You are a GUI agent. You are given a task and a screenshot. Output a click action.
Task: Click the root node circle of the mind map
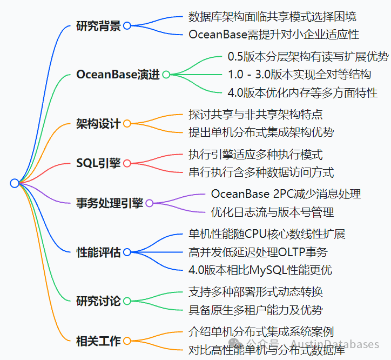pos(15,183)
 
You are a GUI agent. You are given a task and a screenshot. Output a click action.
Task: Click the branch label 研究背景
pos(98,26)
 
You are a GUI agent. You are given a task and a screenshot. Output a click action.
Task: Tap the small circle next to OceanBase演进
pos(166,75)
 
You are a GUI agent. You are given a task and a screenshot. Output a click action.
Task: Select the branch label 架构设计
pos(98,124)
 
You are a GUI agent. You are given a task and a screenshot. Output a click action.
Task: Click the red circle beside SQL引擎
pos(127,163)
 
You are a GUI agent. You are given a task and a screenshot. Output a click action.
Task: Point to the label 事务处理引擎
pos(110,203)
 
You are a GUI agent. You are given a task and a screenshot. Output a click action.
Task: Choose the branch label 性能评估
pos(98,252)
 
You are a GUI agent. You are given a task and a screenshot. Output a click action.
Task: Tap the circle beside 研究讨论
pos(127,301)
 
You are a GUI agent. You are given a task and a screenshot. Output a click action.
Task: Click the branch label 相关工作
pos(98,341)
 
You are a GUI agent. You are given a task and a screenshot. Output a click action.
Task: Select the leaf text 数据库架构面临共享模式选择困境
pos(272,17)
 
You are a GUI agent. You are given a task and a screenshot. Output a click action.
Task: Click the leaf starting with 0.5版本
pos(308,57)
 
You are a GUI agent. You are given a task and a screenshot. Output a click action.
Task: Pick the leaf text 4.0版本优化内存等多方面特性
pos(302,92)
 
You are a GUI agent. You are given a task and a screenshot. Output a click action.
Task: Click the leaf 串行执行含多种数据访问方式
pos(261,172)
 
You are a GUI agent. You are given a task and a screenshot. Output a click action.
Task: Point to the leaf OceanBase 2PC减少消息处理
pos(286,194)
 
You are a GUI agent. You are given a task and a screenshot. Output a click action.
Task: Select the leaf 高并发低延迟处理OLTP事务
pos(258,252)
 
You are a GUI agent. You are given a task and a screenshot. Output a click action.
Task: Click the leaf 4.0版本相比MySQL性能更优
pos(260,269)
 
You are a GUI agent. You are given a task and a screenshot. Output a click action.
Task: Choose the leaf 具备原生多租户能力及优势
pos(255,310)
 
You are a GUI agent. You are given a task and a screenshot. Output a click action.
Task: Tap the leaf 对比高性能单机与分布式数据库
pos(266,350)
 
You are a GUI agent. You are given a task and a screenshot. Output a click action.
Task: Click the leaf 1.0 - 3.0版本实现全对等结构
pos(299,75)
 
